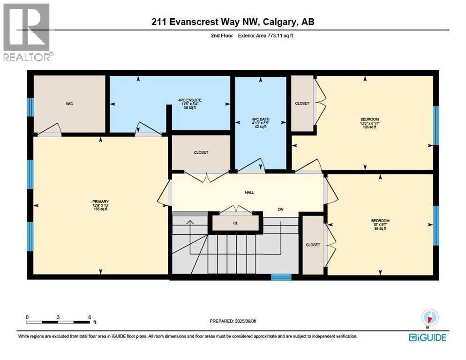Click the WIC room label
click(x=70, y=104)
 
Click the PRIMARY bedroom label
click(x=100, y=202)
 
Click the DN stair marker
click(x=280, y=210)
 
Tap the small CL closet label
click(x=235, y=223)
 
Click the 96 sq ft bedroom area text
click(x=380, y=229)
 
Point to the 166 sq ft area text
click(x=100, y=209)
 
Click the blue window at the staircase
click(x=281, y=277)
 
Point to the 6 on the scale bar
click(x=90, y=316)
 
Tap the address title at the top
click(x=233, y=22)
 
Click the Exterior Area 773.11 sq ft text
click(x=269, y=35)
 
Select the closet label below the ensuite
click(x=201, y=152)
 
